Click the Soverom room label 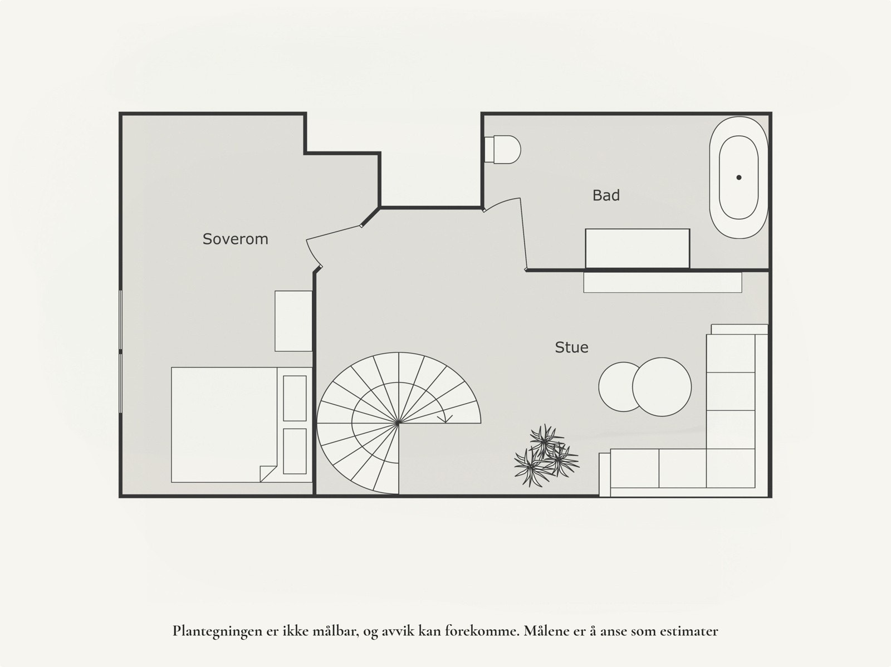point(235,239)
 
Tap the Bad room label point(606,195)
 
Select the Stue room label point(571,347)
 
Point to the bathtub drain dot point(739,178)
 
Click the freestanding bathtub point(738,178)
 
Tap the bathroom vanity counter point(637,249)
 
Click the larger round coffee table point(662,386)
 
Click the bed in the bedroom point(223,424)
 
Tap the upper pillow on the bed point(295,398)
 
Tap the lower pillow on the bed point(295,451)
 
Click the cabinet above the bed point(293,321)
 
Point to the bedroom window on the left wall point(121,352)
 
